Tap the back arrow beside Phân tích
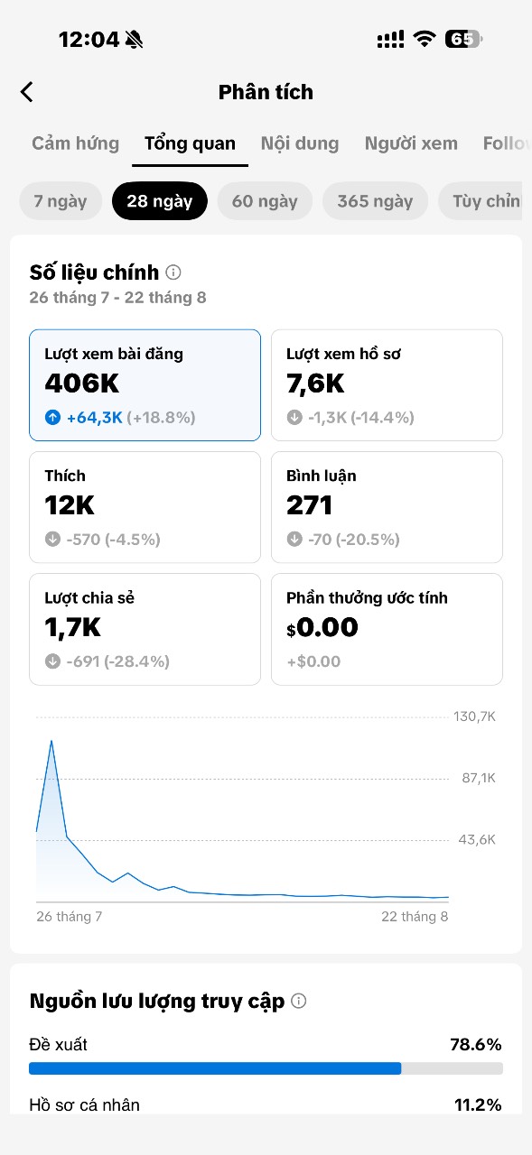pyautogui.click(x=27, y=92)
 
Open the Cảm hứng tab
pyautogui.click(x=75, y=143)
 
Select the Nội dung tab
pyautogui.click(x=300, y=143)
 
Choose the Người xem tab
pyautogui.click(x=411, y=143)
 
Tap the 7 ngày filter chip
pyautogui.click(x=61, y=201)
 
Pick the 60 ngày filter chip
pyautogui.click(x=265, y=201)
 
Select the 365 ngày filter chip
pyautogui.click(x=375, y=201)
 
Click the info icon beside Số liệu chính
pyautogui.click(x=173, y=273)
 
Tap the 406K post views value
pyautogui.click(x=82, y=383)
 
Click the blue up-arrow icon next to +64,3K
pyautogui.click(x=52, y=417)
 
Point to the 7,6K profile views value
pyautogui.click(x=315, y=383)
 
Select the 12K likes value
pyautogui.click(x=70, y=505)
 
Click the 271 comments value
pyautogui.click(x=309, y=505)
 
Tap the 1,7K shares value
pyautogui.click(x=73, y=627)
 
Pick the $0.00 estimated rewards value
pyautogui.click(x=322, y=627)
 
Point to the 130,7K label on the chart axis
pyautogui.click(x=474, y=716)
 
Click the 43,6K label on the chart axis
pyautogui.click(x=477, y=839)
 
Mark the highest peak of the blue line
pyautogui.click(x=51, y=741)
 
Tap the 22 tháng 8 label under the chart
pyautogui.click(x=415, y=916)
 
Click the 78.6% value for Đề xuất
pyautogui.click(x=476, y=1045)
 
